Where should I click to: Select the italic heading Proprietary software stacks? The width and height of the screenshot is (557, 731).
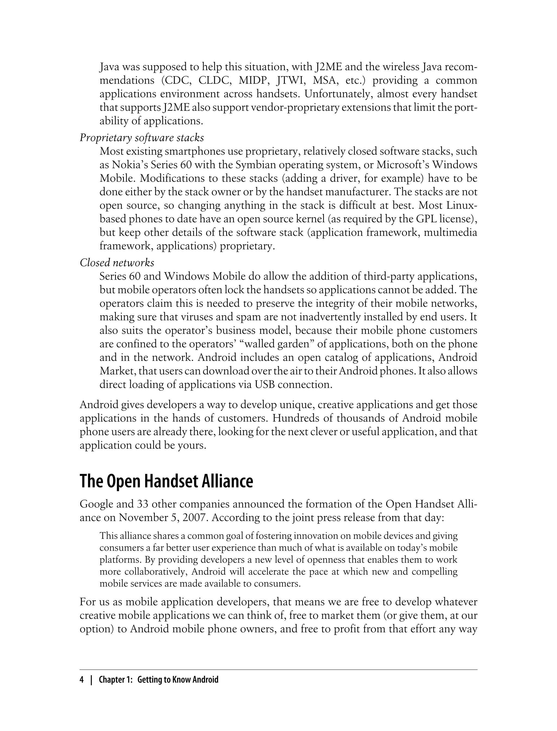(142, 138)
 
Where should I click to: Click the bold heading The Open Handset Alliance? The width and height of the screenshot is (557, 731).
(166, 481)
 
